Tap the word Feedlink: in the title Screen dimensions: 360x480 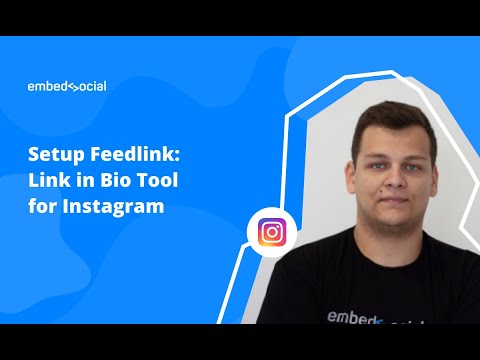(x=121, y=158)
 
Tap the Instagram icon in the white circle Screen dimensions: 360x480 (x=271, y=233)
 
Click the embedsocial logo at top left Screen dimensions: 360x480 (x=67, y=86)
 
